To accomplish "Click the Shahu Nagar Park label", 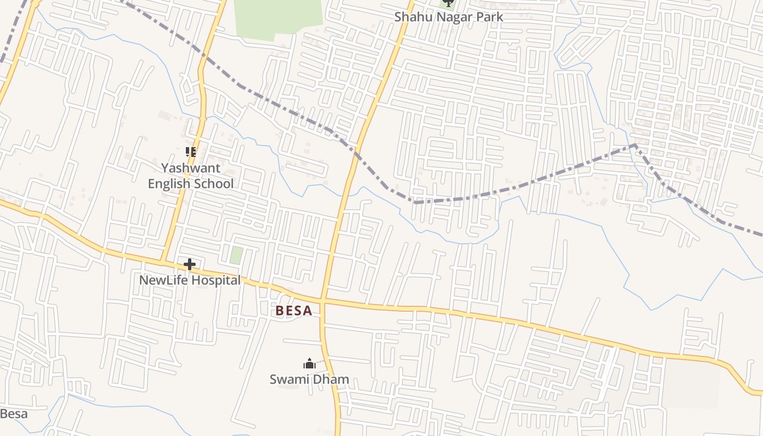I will (449, 17).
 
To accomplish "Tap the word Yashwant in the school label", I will (191, 168).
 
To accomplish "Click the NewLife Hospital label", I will (190, 280).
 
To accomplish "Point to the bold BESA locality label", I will (294, 311).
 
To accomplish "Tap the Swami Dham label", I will (309, 379).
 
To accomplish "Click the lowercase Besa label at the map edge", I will (13, 414).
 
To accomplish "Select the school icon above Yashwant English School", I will (190, 152).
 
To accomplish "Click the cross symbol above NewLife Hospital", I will (190, 265).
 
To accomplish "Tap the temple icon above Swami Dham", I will (310, 364).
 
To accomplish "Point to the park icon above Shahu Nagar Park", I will (448, 3).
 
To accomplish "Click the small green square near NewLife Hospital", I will (236, 255).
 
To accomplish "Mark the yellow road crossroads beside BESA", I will (323, 300).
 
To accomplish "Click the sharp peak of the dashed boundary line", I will (634, 145).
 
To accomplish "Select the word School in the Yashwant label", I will (214, 184).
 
